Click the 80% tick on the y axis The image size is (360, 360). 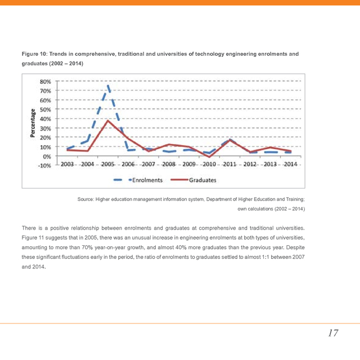click(46, 81)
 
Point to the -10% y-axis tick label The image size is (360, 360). click(44, 165)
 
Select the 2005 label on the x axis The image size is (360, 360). click(107, 164)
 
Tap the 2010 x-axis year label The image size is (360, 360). click(209, 164)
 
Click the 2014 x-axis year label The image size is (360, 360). click(290, 164)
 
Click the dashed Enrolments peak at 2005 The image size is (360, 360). click(107, 86)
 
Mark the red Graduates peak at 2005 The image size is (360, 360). click(107, 120)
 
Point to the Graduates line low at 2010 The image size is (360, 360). click(209, 157)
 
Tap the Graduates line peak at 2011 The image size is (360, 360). click(229, 139)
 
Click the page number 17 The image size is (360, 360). click(333, 333)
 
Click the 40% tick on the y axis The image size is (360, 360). click(46, 119)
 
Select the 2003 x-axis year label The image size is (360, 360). click(67, 164)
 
